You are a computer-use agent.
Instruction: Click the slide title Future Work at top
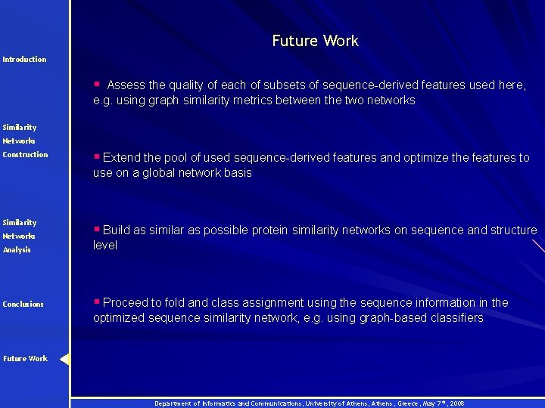click(315, 41)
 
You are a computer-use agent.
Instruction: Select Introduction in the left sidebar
click(24, 59)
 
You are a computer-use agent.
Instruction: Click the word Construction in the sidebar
click(25, 154)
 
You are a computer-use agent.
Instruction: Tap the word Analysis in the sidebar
click(17, 249)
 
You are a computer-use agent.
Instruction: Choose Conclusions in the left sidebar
click(23, 304)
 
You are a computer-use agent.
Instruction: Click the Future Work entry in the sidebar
click(25, 358)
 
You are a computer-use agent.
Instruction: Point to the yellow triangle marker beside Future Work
click(64, 359)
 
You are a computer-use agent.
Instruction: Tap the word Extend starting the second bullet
click(122, 157)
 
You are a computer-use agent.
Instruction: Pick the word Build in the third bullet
click(117, 230)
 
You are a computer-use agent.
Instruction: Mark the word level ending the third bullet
click(105, 245)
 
